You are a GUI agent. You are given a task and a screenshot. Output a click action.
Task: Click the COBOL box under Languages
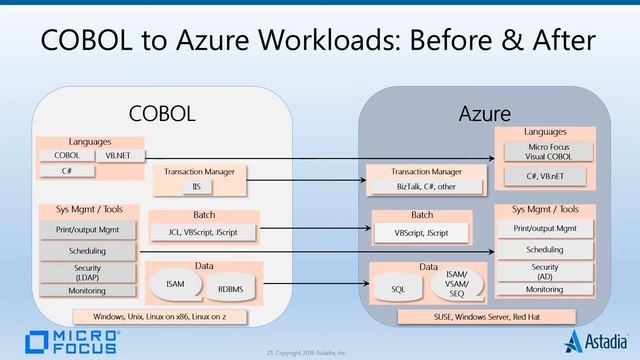(66, 155)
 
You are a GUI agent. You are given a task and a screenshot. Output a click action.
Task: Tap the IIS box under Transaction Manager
(197, 186)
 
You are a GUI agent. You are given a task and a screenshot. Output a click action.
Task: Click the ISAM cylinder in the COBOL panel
(175, 284)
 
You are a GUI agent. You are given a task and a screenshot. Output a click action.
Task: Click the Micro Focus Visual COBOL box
(546, 151)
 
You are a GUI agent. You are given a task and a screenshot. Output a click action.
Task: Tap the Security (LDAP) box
(87, 272)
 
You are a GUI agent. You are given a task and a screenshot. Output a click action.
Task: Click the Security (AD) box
(545, 272)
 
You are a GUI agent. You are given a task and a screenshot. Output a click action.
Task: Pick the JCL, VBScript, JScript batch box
(202, 232)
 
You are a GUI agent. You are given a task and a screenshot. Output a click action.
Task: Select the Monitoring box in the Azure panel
(545, 290)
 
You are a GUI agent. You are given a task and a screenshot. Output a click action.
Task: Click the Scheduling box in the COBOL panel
(87, 251)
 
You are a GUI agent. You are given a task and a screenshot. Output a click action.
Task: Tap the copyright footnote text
(320, 353)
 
